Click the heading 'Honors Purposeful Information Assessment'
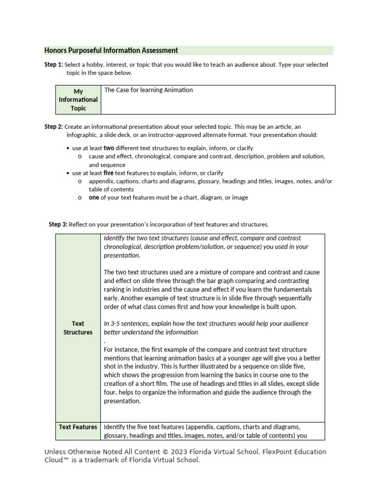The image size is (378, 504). pos(111,50)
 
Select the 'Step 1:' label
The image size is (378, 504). pos(53,64)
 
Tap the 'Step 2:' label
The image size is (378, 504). pos(53,126)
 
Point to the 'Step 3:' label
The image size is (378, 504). pos(58,224)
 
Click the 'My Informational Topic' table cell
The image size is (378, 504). pos(78,100)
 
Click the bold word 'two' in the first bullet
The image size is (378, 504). pos(109,148)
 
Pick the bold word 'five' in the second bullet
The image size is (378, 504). pos(109,173)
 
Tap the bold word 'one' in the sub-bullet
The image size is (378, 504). pos(94,197)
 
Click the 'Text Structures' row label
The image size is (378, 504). pos(78,328)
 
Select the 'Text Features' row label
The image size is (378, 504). pos(78,427)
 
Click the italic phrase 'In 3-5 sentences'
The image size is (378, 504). pos(128,323)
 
